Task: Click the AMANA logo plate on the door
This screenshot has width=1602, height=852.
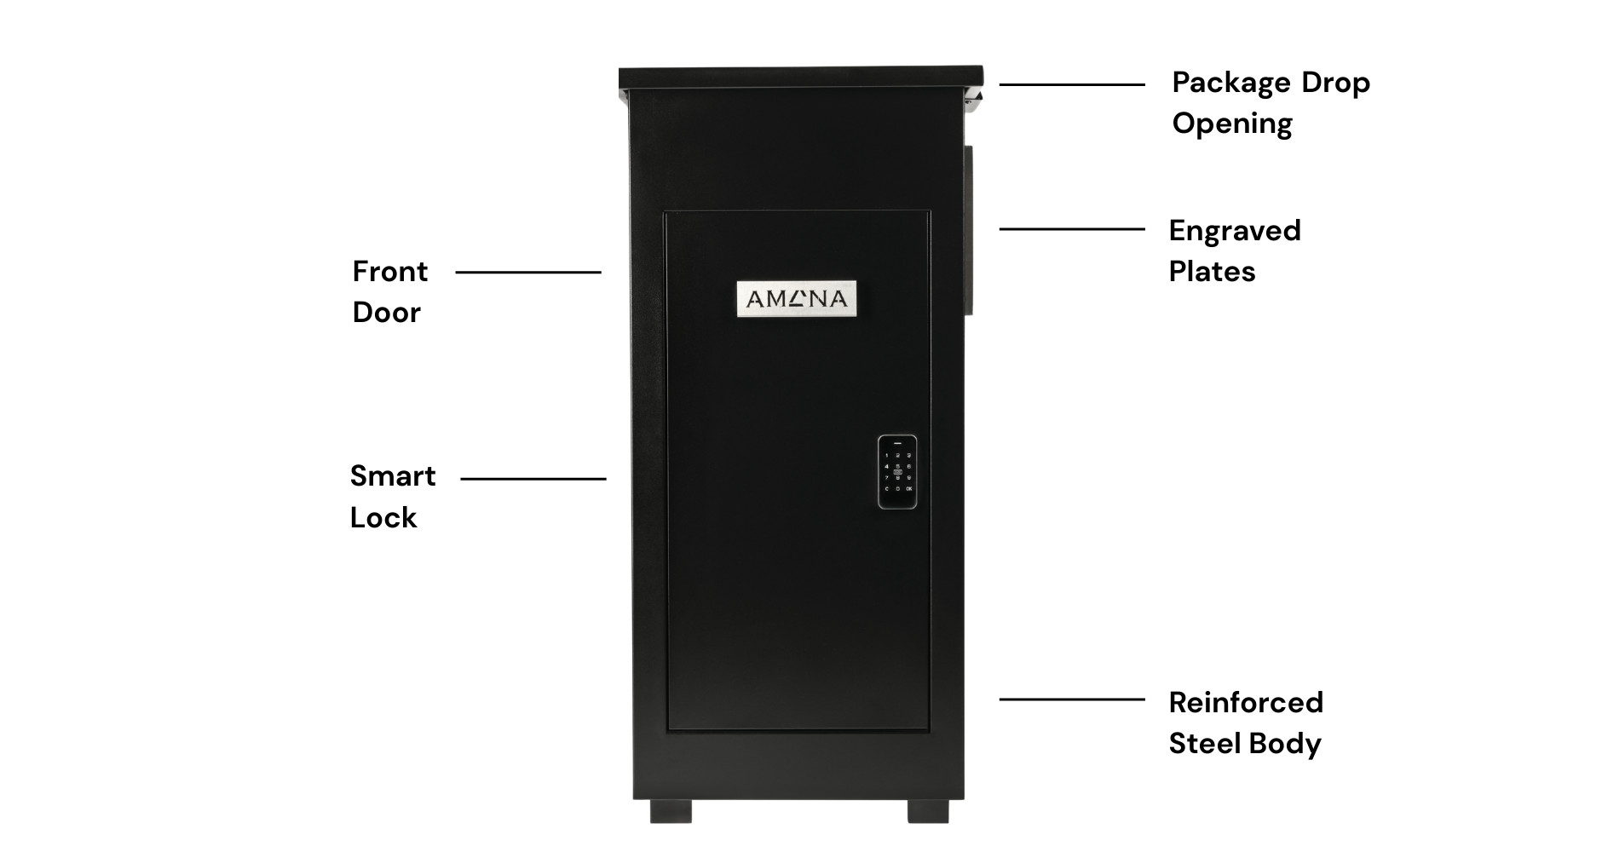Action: (x=796, y=299)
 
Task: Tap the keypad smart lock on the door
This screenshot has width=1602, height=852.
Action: (x=897, y=472)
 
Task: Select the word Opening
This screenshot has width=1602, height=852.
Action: (x=1232, y=124)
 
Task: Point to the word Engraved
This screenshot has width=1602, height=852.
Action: (x=1235, y=232)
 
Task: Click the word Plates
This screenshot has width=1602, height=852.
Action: (x=1212, y=272)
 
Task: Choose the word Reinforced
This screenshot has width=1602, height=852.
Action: (x=1246, y=703)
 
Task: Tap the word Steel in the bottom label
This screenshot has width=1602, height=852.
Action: (x=1204, y=744)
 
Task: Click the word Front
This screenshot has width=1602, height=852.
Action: (x=390, y=272)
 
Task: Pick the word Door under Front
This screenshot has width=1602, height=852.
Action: (x=387, y=313)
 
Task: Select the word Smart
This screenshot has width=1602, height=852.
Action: (x=393, y=476)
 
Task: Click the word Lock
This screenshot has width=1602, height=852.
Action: (x=383, y=518)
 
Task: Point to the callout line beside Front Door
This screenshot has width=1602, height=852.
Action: (x=528, y=273)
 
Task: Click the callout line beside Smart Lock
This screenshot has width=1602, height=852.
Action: (x=533, y=479)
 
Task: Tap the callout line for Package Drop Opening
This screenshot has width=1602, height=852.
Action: (x=1072, y=85)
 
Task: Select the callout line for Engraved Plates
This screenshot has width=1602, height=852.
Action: (x=1072, y=229)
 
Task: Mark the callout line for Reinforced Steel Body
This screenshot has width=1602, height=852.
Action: (x=1072, y=699)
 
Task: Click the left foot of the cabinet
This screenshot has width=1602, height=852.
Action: (x=671, y=811)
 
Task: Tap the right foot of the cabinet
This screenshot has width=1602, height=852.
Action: (x=928, y=811)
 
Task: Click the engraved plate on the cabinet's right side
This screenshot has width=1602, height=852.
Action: (x=969, y=230)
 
